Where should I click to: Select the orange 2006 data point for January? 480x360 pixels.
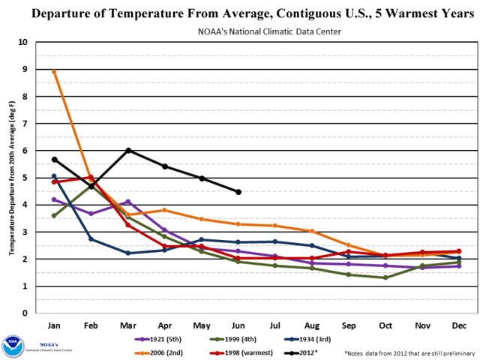pos(54,72)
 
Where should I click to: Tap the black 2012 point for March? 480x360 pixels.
pos(128,151)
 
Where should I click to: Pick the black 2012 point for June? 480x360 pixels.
pos(238,192)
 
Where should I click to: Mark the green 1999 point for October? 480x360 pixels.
pos(385,277)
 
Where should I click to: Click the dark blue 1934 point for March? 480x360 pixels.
pos(128,253)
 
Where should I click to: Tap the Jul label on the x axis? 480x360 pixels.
pos(275,327)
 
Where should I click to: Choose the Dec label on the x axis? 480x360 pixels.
pos(459,327)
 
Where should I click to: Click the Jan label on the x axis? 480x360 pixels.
pos(54,327)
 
